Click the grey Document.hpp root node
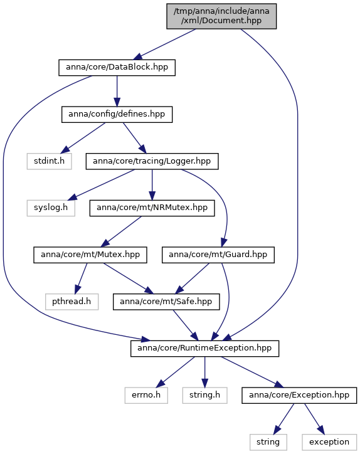point(221,16)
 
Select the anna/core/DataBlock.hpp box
point(117,68)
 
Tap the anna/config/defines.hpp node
point(117,115)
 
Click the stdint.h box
point(50,162)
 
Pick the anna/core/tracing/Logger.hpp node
point(152,162)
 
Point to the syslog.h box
point(51,208)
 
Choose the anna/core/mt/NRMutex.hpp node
point(152,208)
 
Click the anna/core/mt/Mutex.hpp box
point(90,255)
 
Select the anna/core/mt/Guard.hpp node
point(218,255)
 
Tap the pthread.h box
point(72,302)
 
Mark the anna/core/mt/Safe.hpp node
point(166,302)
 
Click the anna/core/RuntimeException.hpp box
point(204,349)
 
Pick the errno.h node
point(146,396)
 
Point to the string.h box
point(204,396)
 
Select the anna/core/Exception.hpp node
point(299,396)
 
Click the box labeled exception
point(329,443)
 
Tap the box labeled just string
point(268,443)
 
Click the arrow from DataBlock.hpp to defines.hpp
point(117,91)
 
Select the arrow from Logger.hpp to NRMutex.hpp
point(152,185)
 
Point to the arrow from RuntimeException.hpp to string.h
point(204,372)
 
